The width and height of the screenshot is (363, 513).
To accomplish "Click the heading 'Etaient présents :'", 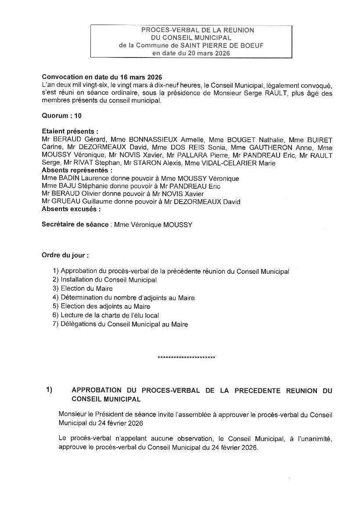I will point(70,131).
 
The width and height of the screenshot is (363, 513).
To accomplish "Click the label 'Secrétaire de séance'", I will point(75,224).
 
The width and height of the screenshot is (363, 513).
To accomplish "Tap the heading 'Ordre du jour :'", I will point(65,255).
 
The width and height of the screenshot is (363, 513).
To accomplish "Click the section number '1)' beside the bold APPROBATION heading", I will point(49,390).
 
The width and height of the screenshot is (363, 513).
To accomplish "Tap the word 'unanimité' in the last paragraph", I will point(314,440).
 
